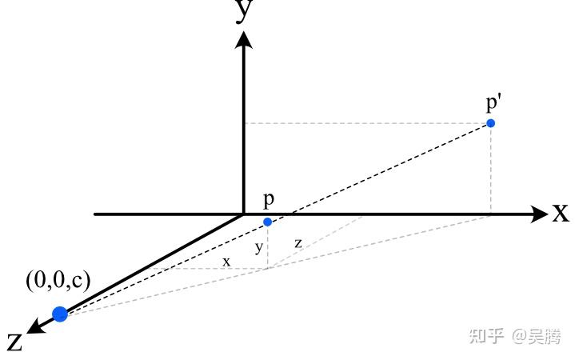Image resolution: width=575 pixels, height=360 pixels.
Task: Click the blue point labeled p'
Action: pos(491,122)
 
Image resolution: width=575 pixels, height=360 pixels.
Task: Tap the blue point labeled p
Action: pos(267,222)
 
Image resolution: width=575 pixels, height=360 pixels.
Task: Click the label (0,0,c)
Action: pos(58,280)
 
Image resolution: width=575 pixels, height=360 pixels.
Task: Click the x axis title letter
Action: pos(560,213)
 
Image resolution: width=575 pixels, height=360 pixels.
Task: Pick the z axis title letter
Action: pos(14,342)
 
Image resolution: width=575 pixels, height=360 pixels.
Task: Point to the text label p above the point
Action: pos(269,200)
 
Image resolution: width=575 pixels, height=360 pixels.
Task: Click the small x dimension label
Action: pos(226,261)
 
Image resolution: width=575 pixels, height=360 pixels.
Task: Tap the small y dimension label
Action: pos(258,248)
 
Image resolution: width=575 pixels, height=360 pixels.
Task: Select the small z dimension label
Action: pos(297,243)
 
